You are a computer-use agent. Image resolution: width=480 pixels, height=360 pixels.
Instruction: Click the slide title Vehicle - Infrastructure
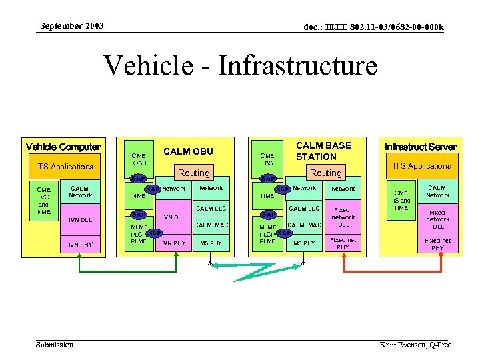pos(240,66)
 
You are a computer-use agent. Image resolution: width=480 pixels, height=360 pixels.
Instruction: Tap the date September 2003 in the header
pos(71,26)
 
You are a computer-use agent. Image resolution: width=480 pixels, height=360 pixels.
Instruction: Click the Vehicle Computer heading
pos(63,147)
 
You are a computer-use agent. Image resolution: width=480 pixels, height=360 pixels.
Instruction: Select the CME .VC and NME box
pos(44,200)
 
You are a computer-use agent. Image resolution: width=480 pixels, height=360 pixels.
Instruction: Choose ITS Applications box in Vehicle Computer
pos(64,166)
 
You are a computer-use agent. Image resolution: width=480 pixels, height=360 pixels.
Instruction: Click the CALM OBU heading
pos(188,151)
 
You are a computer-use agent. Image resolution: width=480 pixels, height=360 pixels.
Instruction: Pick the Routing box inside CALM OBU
pos(193,173)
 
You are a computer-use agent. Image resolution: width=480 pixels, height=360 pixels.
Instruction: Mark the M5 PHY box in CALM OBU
pos(211,243)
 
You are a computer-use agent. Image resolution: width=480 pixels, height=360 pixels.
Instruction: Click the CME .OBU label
pos(139,158)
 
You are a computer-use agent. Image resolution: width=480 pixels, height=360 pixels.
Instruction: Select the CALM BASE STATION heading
pos(323,151)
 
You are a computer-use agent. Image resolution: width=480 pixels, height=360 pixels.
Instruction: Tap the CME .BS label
pos(267,158)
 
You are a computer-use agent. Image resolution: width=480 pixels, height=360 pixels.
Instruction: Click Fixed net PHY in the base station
pos(343,243)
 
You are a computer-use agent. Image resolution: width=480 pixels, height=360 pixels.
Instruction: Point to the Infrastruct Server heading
pos(421,146)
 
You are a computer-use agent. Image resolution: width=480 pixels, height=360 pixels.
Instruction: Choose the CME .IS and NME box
pos(401,200)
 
